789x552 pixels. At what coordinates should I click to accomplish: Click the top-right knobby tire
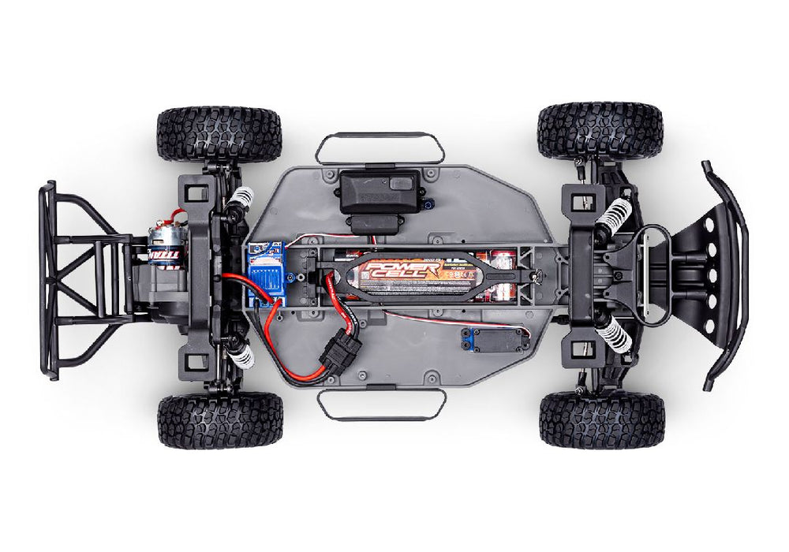[x=600, y=130]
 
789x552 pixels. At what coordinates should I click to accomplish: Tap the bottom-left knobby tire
[x=220, y=420]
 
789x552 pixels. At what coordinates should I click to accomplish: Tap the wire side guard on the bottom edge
[x=381, y=405]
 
